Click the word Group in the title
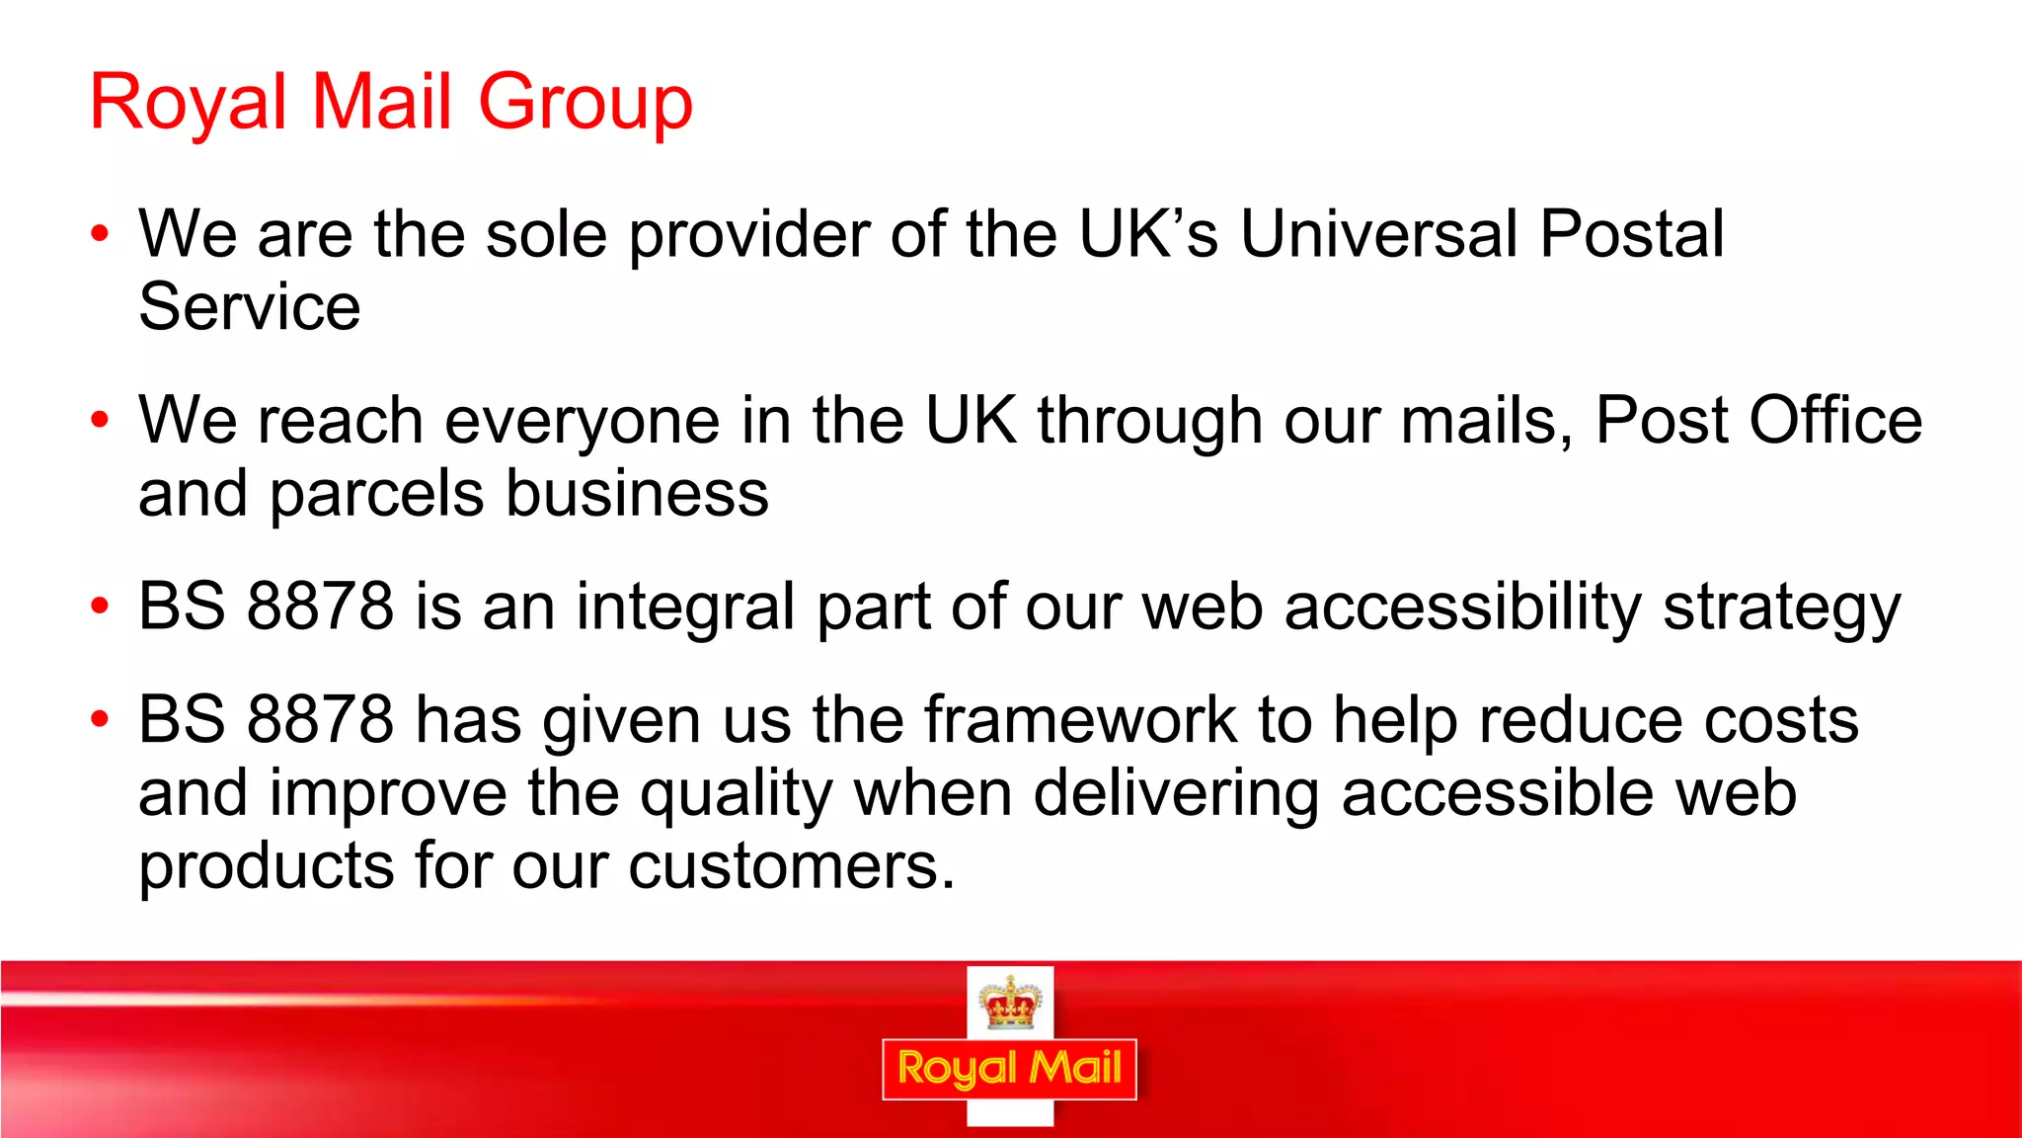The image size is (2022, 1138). pyautogui.click(x=585, y=103)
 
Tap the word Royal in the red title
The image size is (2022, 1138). pyautogui.click(x=188, y=103)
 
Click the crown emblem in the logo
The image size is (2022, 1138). pyautogui.click(x=1010, y=1003)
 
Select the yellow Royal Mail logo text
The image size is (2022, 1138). pyautogui.click(x=1009, y=1069)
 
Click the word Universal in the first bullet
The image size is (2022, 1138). pyautogui.click(x=1378, y=234)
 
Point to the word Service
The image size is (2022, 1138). pyautogui.click(x=249, y=307)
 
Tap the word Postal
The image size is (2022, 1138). pyautogui.click(x=1631, y=234)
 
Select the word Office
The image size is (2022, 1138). pyautogui.click(x=1835, y=420)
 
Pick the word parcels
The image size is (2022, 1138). pyautogui.click(x=376, y=494)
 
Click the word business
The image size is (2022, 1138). pyautogui.click(x=637, y=493)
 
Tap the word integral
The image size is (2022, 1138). pyautogui.click(x=684, y=608)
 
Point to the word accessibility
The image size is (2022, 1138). pyautogui.click(x=1463, y=608)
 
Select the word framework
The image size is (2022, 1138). pyautogui.click(x=1080, y=719)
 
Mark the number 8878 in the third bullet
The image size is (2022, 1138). pyautogui.click(x=320, y=607)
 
